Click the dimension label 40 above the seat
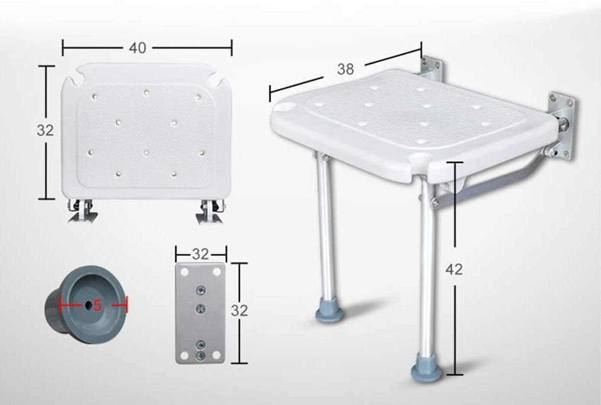coord(138,48)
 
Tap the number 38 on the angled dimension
coord(345,69)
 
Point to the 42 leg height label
coord(454,269)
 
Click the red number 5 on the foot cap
coord(97,305)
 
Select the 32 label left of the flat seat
coord(45,130)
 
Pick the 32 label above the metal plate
coord(201,254)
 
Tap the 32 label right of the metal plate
coord(239,310)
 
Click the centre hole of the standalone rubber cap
coord(88,305)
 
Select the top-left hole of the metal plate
coord(184,272)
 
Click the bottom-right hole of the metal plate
coord(217,355)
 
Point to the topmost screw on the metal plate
coord(199,290)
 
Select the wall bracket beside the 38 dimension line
coord(432,70)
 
